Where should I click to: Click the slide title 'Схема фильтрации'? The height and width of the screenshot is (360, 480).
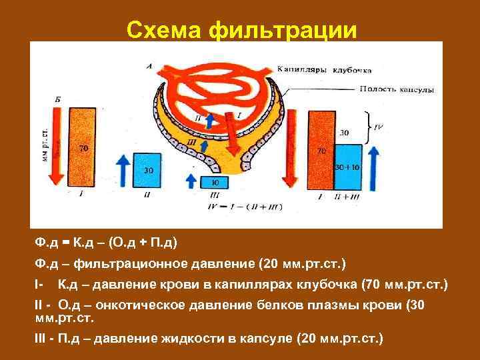coord(241,29)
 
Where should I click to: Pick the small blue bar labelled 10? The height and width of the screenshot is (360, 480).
coord(213,181)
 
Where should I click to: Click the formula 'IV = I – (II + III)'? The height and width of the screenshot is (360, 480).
coord(246,207)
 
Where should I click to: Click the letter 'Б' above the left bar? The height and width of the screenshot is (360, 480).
coord(58,99)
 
